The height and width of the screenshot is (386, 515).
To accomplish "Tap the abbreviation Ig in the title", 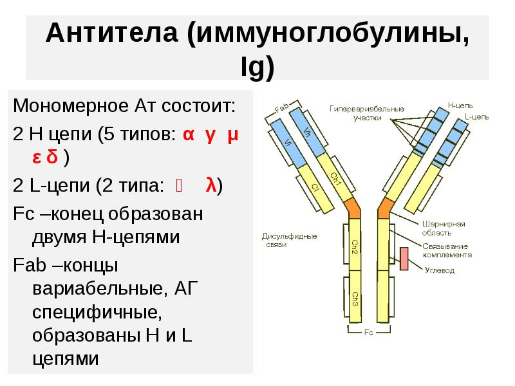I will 257,65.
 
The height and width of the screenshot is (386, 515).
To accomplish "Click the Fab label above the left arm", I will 281,110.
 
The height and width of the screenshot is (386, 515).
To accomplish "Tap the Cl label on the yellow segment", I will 315,187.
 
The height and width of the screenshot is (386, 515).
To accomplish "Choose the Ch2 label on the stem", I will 355,246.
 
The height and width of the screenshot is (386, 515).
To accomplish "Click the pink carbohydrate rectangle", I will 405,259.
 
